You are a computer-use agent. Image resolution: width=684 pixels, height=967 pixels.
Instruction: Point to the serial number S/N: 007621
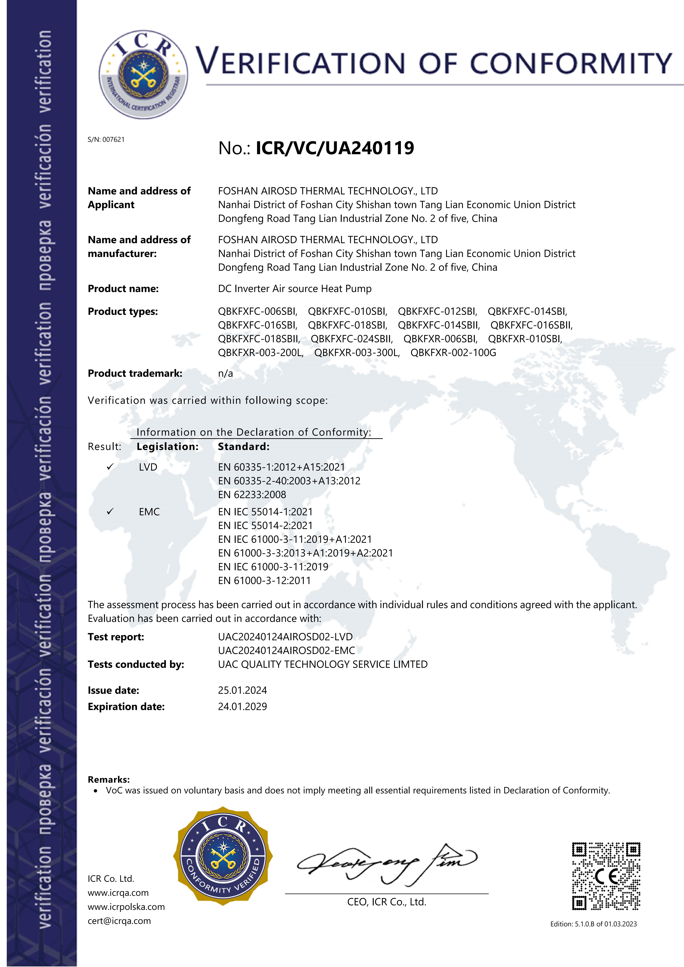[106, 140]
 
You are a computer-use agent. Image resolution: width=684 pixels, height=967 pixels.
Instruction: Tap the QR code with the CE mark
[606, 876]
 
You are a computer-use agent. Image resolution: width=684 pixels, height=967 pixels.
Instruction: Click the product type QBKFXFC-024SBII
[352, 339]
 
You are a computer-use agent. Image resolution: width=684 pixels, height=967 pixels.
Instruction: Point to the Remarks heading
[109, 780]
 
